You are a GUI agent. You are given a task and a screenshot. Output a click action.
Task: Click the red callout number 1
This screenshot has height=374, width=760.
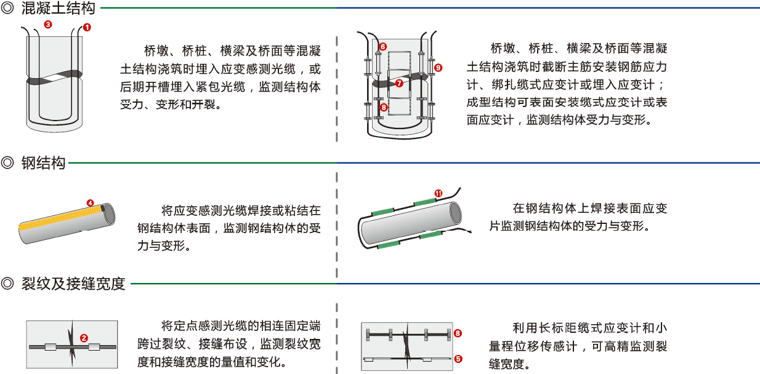87,28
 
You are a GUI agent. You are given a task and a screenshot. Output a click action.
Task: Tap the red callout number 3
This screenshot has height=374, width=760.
48,25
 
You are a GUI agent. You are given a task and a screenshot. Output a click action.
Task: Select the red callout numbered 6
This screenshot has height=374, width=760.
382,47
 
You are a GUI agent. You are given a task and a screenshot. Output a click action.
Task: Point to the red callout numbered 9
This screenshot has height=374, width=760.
438,67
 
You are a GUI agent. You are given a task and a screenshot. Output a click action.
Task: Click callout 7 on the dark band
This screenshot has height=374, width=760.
399,82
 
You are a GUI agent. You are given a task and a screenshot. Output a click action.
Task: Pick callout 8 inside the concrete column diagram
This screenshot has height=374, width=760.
384,107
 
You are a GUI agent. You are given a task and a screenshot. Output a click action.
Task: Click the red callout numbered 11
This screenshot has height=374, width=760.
439,193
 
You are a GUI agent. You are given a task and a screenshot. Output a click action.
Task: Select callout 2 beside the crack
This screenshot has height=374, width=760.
84,338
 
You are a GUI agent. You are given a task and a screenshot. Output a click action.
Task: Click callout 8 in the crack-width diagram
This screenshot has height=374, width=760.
458,333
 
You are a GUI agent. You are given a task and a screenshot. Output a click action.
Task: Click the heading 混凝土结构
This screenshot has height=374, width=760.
59,9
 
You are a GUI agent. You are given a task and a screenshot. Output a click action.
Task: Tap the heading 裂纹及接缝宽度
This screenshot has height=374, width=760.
73,284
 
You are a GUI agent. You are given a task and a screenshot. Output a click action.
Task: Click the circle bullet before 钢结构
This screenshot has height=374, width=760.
9,163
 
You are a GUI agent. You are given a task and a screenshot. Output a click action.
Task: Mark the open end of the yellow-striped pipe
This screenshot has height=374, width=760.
108,213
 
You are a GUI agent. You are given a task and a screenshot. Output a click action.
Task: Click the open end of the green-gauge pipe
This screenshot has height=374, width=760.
455,212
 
